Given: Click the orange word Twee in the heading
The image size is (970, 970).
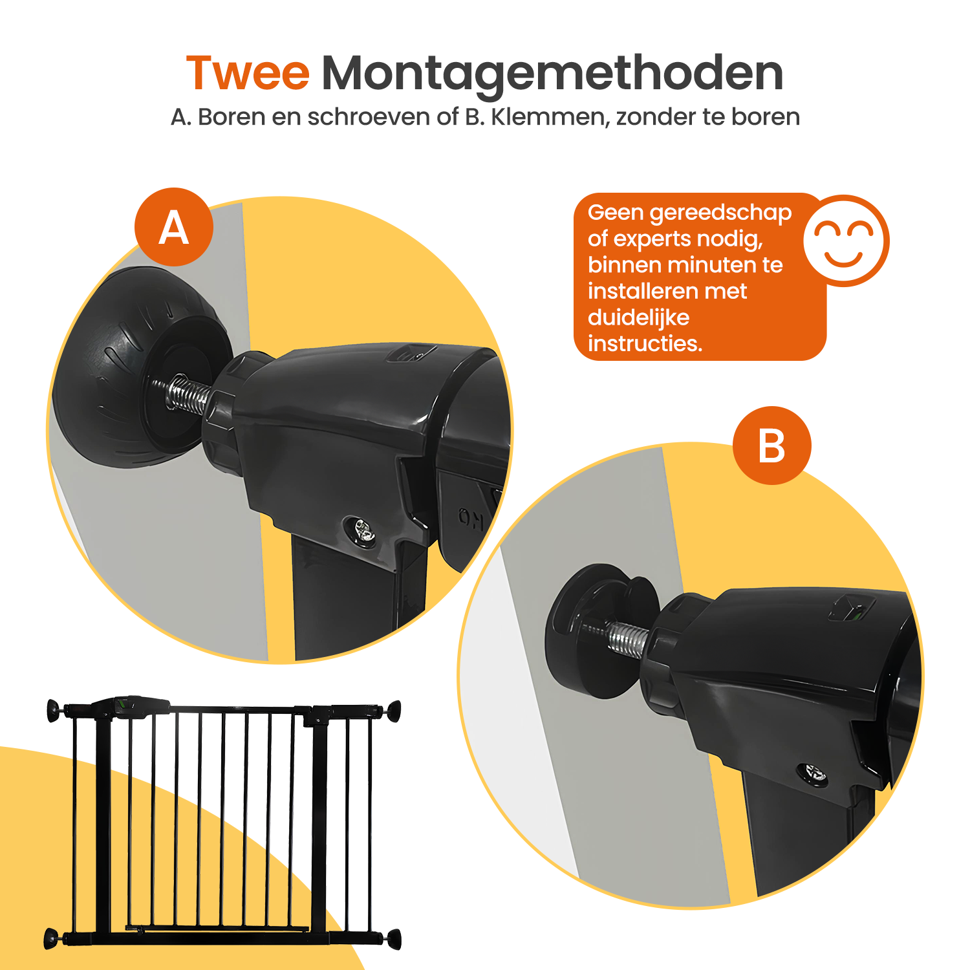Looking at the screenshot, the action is point(248,73).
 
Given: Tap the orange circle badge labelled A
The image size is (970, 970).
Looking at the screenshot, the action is point(174,227).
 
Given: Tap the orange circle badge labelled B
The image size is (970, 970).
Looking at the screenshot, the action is point(772,446).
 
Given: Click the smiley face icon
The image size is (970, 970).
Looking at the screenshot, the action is point(846,241).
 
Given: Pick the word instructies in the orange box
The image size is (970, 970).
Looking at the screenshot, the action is point(645,343).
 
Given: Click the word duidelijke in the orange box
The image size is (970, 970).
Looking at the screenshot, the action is point(638,318).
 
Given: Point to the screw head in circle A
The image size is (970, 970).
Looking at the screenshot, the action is point(361,532).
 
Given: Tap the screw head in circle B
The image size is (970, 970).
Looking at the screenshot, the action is point(814,774).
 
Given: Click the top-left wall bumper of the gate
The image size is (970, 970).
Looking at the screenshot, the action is point(54,710).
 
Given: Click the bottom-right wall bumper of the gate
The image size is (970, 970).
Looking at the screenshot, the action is point(394,939).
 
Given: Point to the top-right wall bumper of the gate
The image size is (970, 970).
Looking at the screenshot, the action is point(394,711).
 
